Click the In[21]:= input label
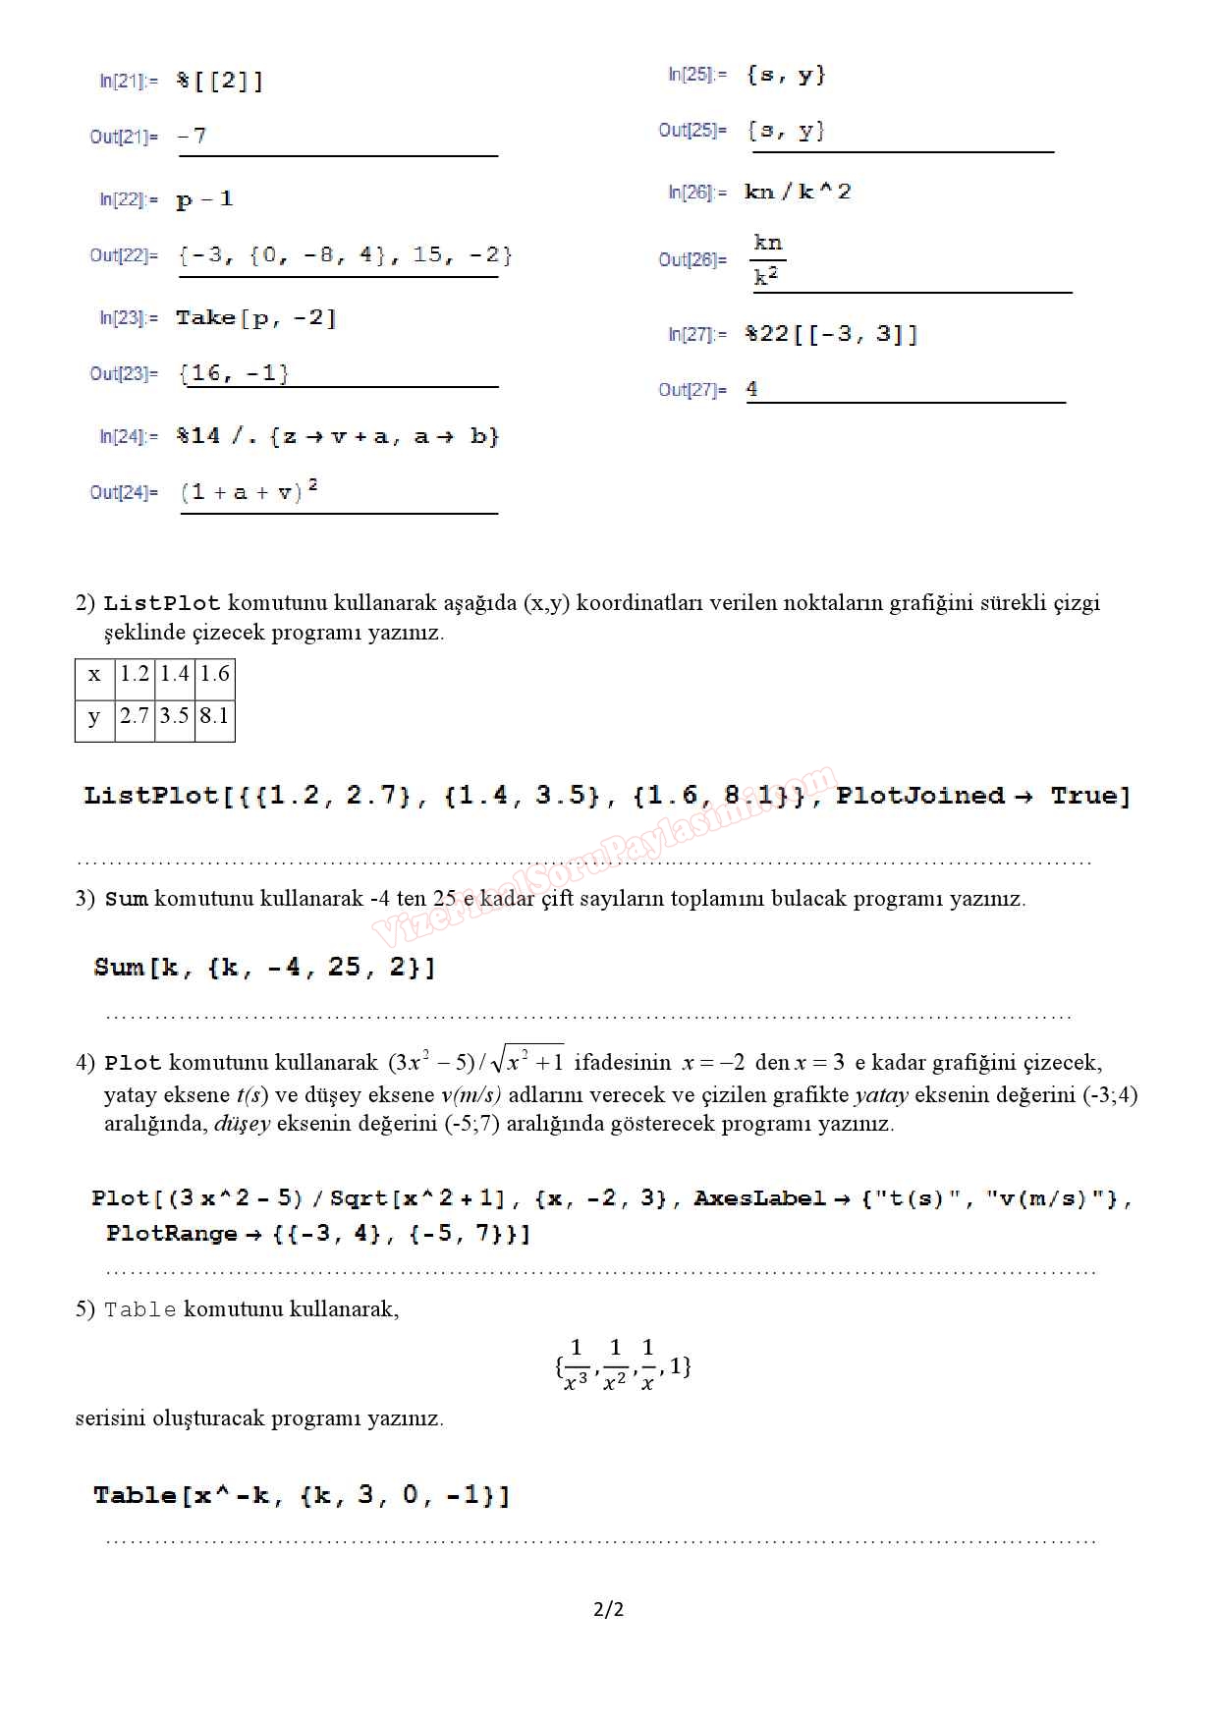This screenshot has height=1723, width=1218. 128,81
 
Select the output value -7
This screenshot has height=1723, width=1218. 193,137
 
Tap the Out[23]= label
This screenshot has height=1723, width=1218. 124,373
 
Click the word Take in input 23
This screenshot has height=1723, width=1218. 205,318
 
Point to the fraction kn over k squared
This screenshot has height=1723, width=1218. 768,260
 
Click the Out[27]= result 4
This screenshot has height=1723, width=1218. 751,389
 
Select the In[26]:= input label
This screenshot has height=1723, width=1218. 697,193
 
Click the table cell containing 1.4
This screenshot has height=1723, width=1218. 175,674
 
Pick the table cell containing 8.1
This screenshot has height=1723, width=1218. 214,715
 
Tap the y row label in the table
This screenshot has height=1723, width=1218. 94,715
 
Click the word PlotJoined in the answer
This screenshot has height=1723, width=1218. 920,796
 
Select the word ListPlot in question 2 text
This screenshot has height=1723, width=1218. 162,603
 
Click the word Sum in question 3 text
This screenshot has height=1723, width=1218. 126,899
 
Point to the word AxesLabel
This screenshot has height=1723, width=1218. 759,1198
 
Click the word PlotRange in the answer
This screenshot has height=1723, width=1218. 172,1234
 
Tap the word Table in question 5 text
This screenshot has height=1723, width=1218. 140,1309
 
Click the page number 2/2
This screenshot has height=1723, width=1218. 609,1609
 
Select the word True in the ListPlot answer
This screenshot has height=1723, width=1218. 1089,796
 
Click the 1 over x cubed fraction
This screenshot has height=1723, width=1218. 577,1365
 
